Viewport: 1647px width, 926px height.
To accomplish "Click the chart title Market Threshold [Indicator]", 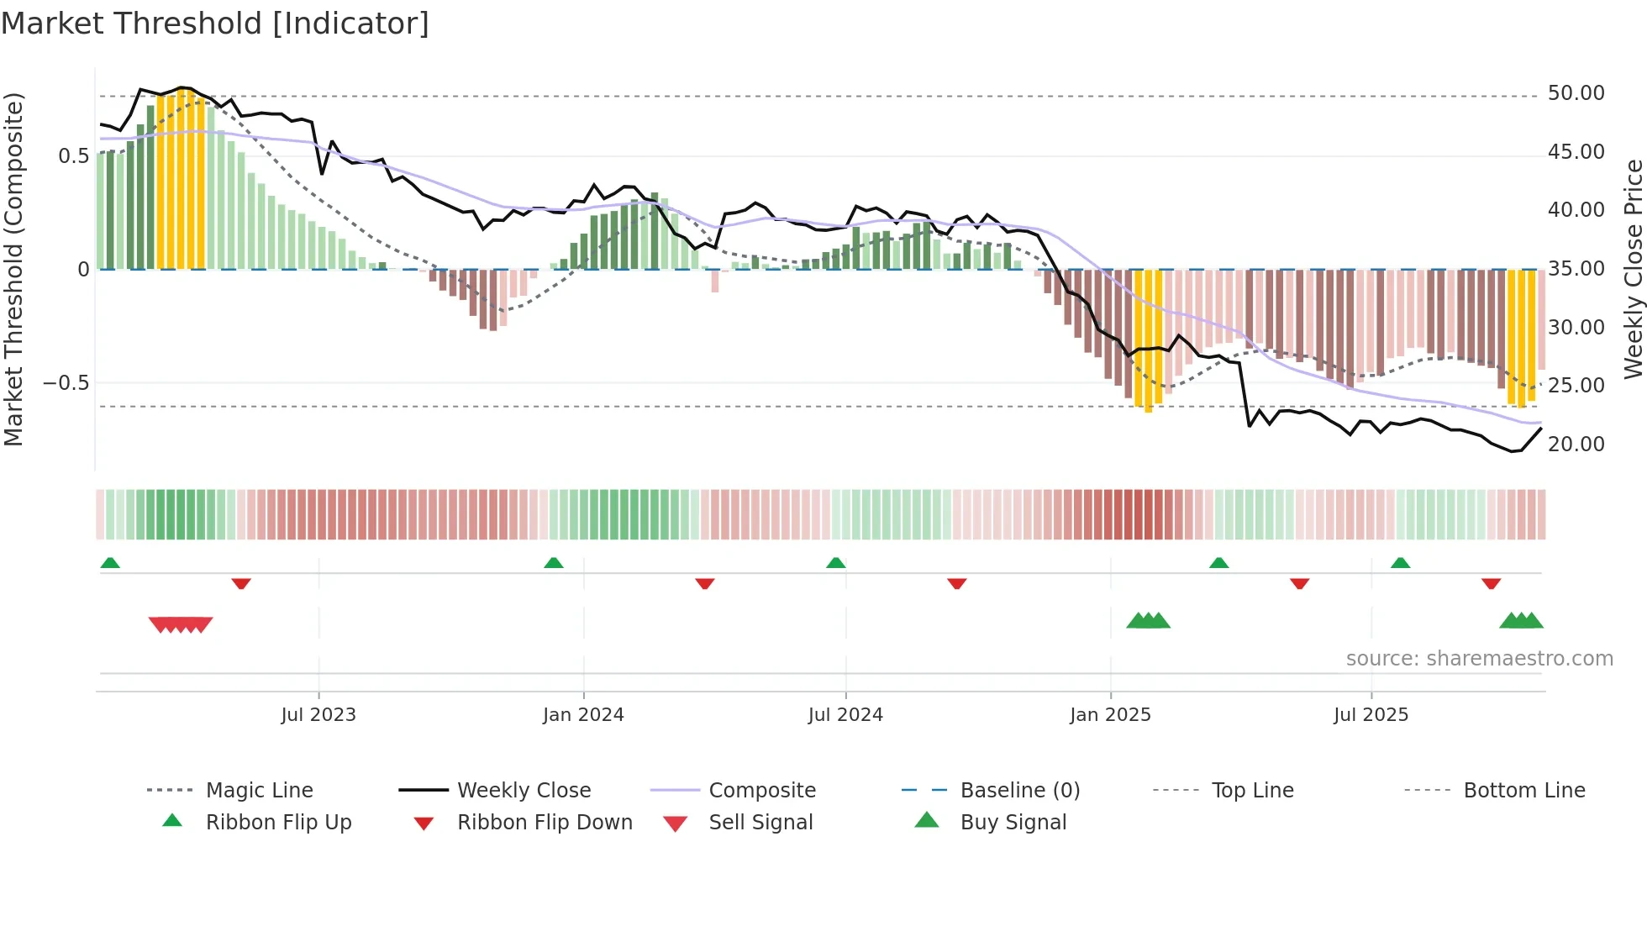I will pyautogui.click(x=215, y=24).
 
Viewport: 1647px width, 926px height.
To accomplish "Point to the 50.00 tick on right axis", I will pyautogui.click(x=1576, y=93).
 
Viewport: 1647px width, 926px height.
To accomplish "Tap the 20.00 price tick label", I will pyautogui.click(x=1576, y=445).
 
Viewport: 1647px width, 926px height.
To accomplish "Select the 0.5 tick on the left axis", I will pyautogui.click(x=74, y=156).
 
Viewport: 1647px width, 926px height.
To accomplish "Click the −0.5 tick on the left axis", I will pyautogui.click(x=66, y=383).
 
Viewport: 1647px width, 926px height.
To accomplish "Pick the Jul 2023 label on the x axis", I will pyautogui.click(x=318, y=715).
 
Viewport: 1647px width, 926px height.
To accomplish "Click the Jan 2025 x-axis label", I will pyautogui.click(x=1110, y=715).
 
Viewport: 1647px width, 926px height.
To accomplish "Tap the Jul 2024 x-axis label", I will pyautogui.click(x=845, y=715).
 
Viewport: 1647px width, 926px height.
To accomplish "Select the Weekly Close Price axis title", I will pyautogui.click(x=1633, y=269).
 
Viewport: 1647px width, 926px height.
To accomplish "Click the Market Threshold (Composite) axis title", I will pyautogui.click(x=13, y=269).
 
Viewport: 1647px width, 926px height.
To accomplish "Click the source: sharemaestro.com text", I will pyautogui.click(x=1479, y=659).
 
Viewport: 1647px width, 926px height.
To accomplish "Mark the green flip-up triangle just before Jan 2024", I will pyautogui.click(x=554, y=563).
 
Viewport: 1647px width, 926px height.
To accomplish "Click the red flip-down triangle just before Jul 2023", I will pyautogui.click(x=241, y=583).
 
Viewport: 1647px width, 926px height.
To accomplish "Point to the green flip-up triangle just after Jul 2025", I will pyautogui.click(x=1400, y=563).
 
